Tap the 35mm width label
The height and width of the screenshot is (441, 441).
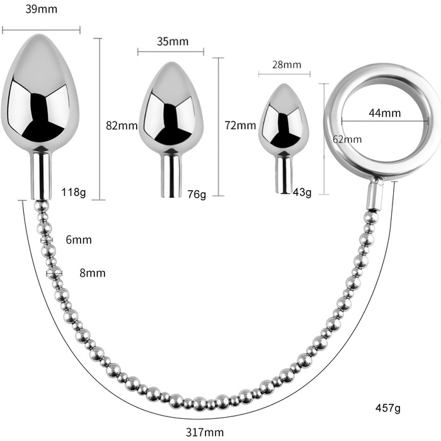point(172,42)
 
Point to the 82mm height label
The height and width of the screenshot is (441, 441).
point(122,125)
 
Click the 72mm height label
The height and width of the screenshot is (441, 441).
point(240,125)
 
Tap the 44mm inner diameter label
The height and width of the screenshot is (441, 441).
point(385,113)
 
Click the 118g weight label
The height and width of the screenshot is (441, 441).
point(74,192)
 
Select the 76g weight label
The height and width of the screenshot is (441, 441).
point(197,194)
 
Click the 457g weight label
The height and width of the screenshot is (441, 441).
point(388,408)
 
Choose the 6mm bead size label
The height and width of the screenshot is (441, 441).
point(79,240)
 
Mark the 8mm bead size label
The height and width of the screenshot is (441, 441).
point(92,273)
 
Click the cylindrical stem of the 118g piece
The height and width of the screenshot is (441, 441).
point(42,174)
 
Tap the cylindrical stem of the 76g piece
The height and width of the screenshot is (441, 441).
point(170,174)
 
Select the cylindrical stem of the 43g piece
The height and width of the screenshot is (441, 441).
point(283,175)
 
